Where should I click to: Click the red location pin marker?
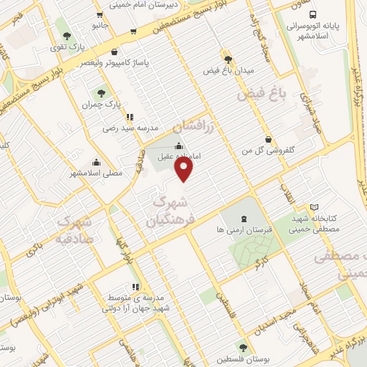(x=184, y=168)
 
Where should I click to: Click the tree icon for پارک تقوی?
(x=67, y=36)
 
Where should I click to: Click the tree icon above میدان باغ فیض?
(x=228, y=59)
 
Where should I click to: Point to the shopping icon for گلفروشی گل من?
(x=267, y=139)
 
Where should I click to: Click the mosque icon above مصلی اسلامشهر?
(x=96, y=162)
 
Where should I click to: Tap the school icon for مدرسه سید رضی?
(x=128, y=117)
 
